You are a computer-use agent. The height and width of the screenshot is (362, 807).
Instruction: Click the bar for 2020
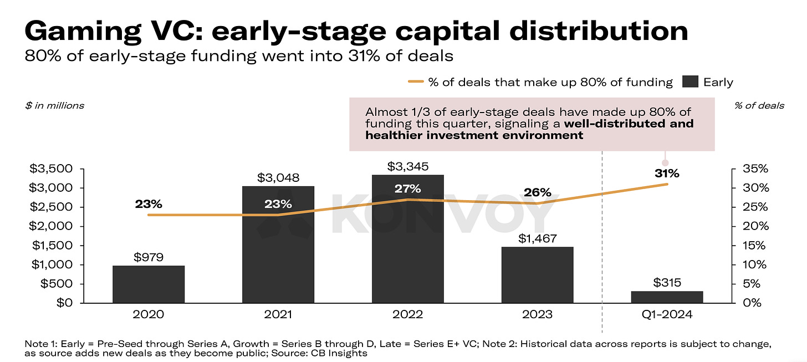[x=149, y=284]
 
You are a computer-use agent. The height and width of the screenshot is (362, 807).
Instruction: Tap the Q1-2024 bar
[x=667, y=297]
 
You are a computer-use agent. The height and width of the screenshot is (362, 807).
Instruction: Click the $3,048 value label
[x=278, y=178]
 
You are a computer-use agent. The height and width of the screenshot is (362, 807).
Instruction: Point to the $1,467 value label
[x=537, y=238]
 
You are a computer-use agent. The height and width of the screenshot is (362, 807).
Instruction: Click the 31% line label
[x=667, y=173]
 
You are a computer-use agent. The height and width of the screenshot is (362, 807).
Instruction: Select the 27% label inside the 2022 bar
[x=407, y=188]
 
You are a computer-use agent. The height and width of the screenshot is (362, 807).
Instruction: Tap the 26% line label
[x=537, y=193]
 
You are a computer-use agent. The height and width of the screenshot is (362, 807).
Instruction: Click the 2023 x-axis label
[x=537, y=315]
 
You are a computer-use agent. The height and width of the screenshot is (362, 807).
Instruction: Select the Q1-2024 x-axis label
[x=667, y=315]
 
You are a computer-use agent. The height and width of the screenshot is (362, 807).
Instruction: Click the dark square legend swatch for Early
[x=690, y=82]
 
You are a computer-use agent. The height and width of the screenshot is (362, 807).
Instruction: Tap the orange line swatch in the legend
[x=416, y=82]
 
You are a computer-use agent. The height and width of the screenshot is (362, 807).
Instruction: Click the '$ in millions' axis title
[x=54, y=105]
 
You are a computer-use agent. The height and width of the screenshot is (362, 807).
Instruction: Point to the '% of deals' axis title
[x=759, y=105]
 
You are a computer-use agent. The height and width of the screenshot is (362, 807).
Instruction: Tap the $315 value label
[x=667, y=283]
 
